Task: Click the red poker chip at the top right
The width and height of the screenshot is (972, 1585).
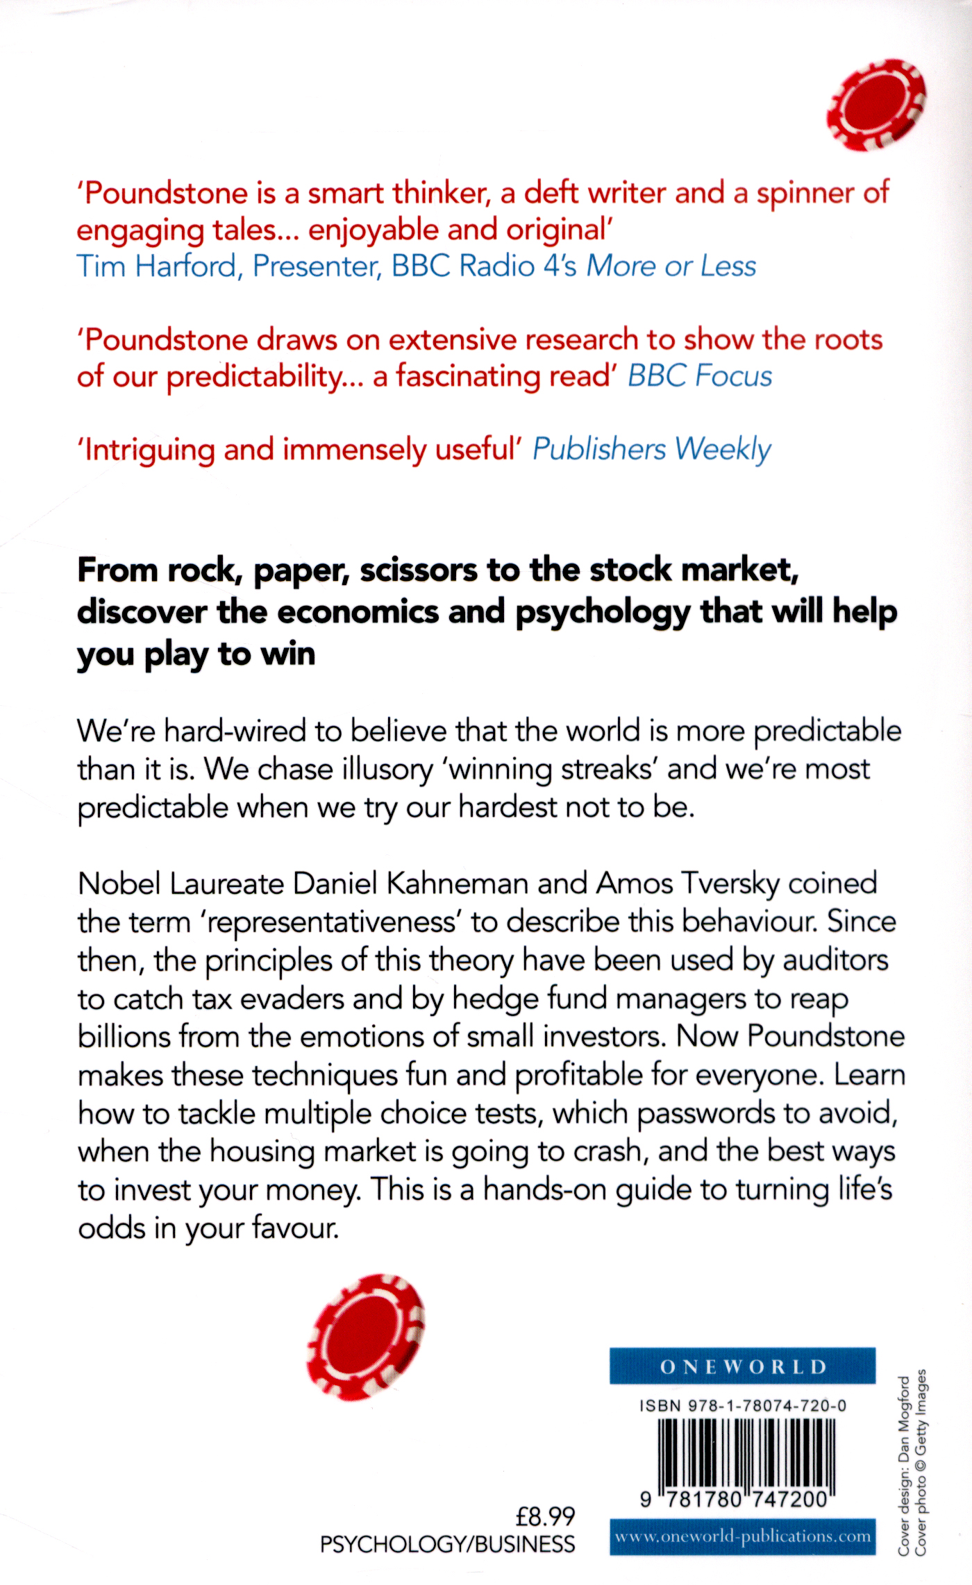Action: [876, 104]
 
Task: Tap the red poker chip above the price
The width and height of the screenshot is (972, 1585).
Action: [366, 1336]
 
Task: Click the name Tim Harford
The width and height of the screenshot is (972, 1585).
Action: [157, 266]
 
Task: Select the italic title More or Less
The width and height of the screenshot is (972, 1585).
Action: [671, 266]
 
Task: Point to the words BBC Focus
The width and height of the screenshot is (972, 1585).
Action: [700, 376]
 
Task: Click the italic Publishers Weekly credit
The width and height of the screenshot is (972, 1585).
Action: [651, 450]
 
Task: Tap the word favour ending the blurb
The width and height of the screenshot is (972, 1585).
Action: [295, 1229]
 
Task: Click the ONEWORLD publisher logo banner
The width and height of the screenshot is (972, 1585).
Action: [742, 1366]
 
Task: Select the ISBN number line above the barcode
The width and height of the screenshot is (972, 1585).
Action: [742, 1406]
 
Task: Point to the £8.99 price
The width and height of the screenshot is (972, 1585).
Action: [545, 1516]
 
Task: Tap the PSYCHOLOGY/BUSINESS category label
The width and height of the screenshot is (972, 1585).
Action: [447, 1545]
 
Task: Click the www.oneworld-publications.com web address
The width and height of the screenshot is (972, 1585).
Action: [742, 1536]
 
